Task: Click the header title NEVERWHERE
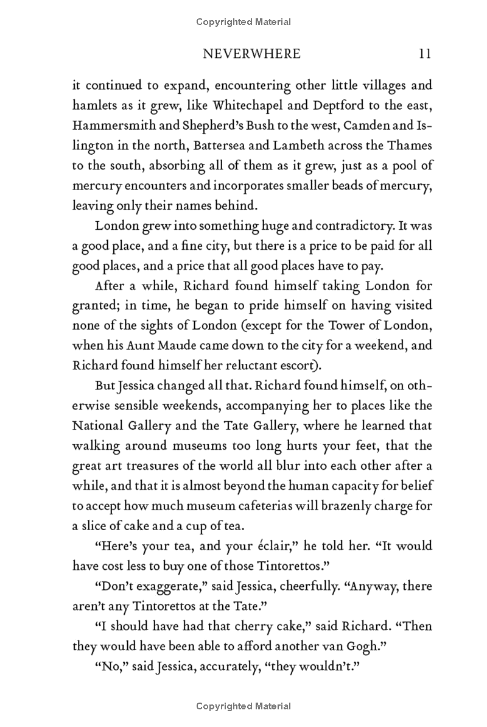[251, 54]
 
